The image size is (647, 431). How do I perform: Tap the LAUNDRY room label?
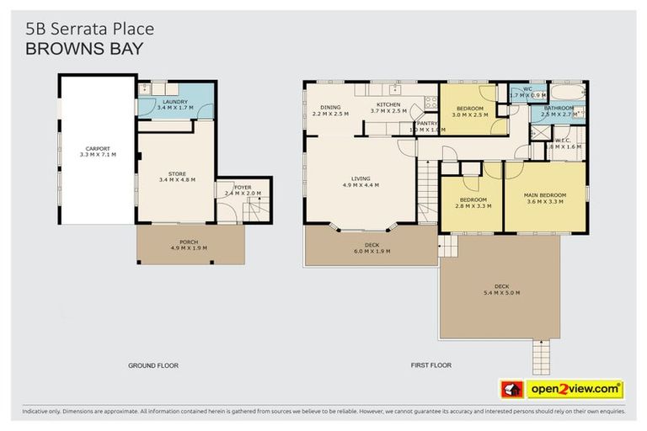coord(176,102)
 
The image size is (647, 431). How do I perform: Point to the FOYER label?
coord(243,187)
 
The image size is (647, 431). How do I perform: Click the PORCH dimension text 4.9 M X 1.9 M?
coord(189,247)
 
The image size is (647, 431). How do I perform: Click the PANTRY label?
coord(427,124)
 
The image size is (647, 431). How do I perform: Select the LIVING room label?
coord(361,178)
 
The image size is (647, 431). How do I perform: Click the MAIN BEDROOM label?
coord(546,195)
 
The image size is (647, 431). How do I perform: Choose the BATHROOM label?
coord(559,108)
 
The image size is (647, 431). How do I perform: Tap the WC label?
coord(527,88)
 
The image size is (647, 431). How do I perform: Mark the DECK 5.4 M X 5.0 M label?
coord(500,288)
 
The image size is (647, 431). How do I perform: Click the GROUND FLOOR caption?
coord(154,365)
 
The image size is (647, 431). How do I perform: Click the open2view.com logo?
coord(563,389)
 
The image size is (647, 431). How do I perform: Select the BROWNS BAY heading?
coord(84,49)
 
